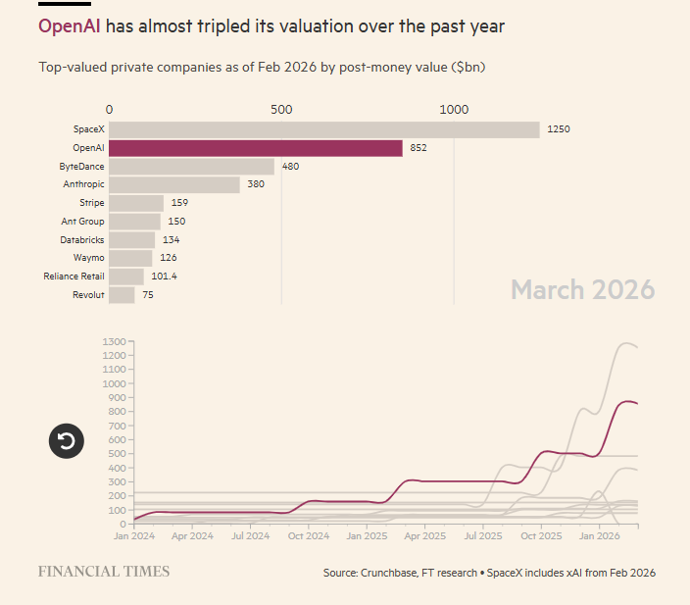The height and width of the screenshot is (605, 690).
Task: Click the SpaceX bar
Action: [x=323, y=129]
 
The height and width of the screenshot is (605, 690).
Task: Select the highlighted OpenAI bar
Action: [x=255, y=148]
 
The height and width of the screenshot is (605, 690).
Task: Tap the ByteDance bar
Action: [x=191, y=167]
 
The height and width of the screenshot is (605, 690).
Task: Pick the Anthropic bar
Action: [x=173, y=184]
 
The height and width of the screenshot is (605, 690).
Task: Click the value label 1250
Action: [x=559, y=129]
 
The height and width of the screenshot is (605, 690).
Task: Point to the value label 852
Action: [x=419, y=148]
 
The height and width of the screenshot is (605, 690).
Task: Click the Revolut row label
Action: [x=88, y=295]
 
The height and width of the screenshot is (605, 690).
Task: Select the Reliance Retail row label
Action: [x=74, y=277]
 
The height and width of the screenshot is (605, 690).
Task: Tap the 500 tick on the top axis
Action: [x=281, y=110]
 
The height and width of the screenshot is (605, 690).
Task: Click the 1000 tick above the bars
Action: [x=454, y=110]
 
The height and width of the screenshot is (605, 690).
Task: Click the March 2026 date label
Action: [x=582, y=290]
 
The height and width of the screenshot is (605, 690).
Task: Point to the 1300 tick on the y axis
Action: [x=114, y=341]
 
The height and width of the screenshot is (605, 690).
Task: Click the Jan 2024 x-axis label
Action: [x=134, y=536]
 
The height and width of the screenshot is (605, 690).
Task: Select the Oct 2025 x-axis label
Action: [x=541, y=536]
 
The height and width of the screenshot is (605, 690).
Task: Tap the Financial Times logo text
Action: [x=103, y=572]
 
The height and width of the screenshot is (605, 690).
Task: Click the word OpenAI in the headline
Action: [x=69, y=26]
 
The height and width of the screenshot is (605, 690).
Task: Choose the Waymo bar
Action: [x=130, y=258]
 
